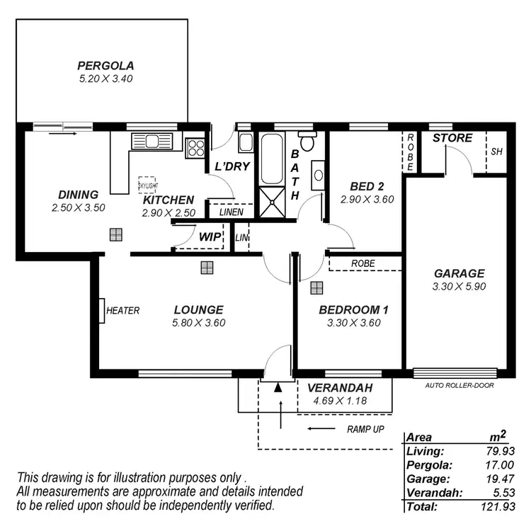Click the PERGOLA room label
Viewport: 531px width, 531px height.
(x=105, y=66)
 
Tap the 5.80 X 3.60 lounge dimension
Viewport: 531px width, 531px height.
(x=199, y=323)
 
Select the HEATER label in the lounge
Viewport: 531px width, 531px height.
(x=122, y=310)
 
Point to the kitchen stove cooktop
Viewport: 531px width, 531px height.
(x=195, y=147)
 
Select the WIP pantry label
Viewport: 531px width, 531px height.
(x=209, y=236)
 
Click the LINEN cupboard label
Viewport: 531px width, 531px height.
(x=231, y=212)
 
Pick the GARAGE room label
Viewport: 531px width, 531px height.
(x=459, y=273)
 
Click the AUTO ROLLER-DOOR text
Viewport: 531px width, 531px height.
(x=459, y=386)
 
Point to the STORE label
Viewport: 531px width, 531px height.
(x=452, y=138)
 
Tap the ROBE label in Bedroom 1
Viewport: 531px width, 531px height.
(x=363, y=263)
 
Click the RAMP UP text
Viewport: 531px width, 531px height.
(x=365, y=429)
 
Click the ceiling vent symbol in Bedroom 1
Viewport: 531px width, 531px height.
(x=316, y=287)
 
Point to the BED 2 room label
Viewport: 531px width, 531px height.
(x=367, y=186)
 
